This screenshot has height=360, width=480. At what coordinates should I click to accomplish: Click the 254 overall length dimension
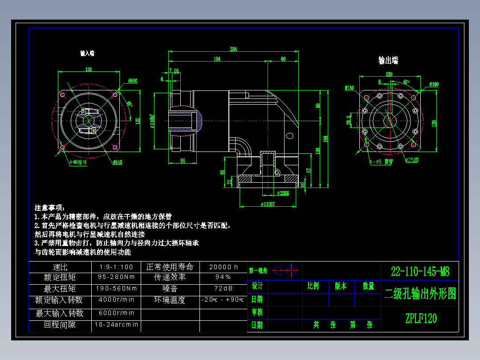pyautogui.click(x=233, y=49)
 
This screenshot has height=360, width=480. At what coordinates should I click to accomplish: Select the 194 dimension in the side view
pyautogui.click(x=217, y=59)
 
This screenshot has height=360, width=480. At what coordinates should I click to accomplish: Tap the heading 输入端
pyautogui.click(x=87, y=53)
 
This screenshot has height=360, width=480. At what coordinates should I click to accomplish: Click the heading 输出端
pyautogui.click(x=388, y=60)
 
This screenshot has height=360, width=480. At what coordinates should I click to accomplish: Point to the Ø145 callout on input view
pyautogui.click(x=118, y=162)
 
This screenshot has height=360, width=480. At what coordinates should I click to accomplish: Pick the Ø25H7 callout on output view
pyautogui.click(x=412, y=160)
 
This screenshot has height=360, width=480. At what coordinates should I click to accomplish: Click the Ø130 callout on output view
pyautogui.click(x=349, y=88)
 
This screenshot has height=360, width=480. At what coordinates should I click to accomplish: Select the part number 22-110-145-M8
pyautogui.click(x=420, y=271)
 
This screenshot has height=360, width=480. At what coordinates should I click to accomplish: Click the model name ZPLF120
pyautogui.click(x=421, y=319)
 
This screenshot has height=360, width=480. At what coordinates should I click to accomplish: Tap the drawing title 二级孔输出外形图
pyautogui.click(x=420, y=294)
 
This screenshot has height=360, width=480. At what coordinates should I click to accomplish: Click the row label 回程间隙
pyautogui.click(x=60, y=325)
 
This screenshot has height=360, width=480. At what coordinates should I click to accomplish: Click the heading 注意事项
pyautogui.click(x=50, y=208)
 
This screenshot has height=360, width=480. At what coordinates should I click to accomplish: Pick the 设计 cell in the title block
pyautogui.click(x=257, y=286)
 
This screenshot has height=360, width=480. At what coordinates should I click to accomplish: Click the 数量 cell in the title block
pyautogui.click(x=368, y=286)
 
